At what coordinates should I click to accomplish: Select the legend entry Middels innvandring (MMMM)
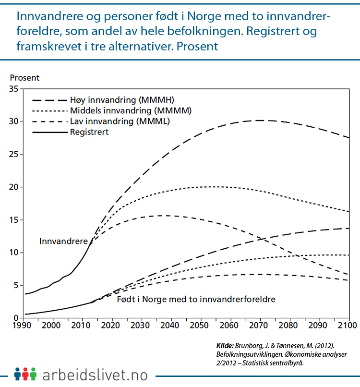131,110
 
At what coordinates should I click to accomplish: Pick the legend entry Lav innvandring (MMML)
120,121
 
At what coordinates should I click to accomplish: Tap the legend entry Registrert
89,132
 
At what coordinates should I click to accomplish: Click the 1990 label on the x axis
24,326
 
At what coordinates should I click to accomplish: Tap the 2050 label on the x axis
201,326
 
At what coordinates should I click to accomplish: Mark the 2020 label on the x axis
112,326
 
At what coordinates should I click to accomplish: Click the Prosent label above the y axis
25,78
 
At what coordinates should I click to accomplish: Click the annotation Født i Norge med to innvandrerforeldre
195,299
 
